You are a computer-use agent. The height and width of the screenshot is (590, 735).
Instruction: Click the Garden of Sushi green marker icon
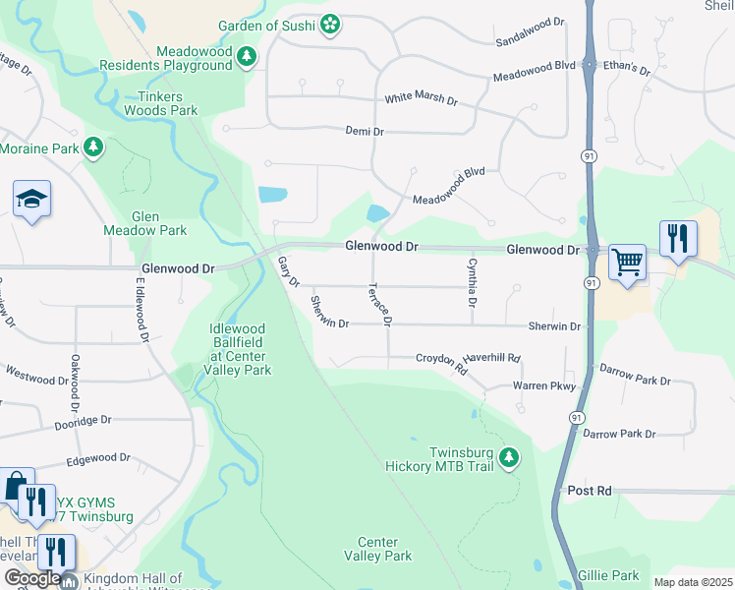[x=331, y=24]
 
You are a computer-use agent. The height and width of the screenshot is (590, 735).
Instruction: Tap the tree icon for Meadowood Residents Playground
[x=246, y=57]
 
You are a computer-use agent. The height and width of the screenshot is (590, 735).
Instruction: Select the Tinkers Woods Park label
[x=161, y=103]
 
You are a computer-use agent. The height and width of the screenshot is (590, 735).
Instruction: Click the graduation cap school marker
[x=31, y=200]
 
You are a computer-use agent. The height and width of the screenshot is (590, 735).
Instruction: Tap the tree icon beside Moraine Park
[x=93, y=147]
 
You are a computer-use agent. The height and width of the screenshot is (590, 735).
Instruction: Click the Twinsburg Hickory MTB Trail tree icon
[x=508, y=458]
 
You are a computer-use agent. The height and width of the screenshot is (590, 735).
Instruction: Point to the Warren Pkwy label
[x=543, y=386]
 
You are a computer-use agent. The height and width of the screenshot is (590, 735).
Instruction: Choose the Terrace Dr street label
[x=380, y=305]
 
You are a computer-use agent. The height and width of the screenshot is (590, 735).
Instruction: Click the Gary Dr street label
[x=287, y=271]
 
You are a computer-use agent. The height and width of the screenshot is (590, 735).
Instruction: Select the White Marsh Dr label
[x=421, y=100]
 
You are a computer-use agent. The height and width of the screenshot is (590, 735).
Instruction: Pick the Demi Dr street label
[x=364, y=130]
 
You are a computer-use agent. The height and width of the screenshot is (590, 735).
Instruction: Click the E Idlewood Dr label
[x=142, y=309]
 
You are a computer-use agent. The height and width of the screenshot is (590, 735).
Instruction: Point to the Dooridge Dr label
[x=83, y=420]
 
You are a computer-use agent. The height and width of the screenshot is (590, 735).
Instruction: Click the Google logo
[x=30, y=579]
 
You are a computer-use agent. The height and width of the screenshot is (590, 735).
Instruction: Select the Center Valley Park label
[x=377, y=549]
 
